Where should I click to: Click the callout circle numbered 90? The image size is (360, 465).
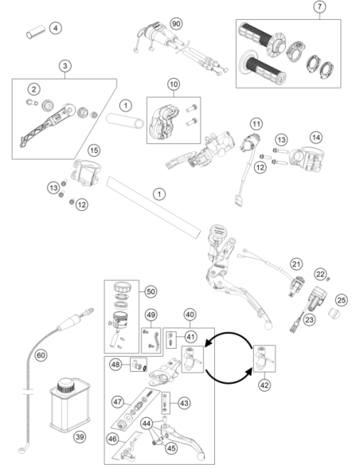[176, 23]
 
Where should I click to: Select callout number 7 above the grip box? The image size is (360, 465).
[319, 6]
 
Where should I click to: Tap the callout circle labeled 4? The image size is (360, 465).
[56, 28]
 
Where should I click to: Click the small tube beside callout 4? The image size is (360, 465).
[36, 32]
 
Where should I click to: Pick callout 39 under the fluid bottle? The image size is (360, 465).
[80, 436]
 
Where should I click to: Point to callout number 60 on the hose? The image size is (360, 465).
[41, 355]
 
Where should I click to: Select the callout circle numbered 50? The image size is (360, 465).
[151, 291]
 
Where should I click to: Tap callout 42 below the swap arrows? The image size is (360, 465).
[264, 385]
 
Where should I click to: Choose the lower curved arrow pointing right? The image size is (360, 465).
[227, 381]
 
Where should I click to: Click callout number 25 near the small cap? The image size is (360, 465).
[342, 300]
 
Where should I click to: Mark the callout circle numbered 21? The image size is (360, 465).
[296, 264]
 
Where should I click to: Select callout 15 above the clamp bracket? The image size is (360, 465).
[94, 150]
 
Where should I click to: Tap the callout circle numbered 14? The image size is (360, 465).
[316, 137]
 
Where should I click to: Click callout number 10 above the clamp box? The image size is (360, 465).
[174, 84]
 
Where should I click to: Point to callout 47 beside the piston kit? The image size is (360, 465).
[117, 402]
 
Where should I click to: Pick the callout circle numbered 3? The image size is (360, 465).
[65, 66]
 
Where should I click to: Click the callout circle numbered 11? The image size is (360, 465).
[256, 123]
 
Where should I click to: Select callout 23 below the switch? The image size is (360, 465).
[309, 320]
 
